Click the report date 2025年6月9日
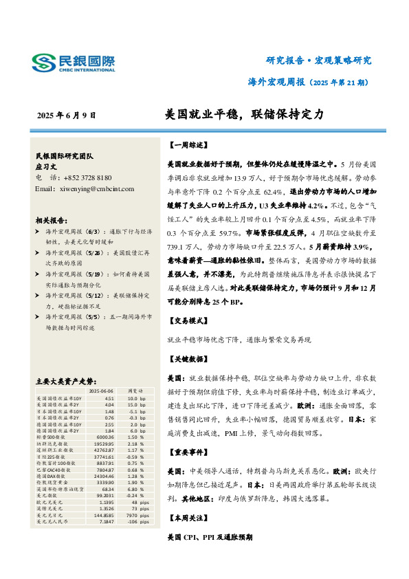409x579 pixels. coord(67,116)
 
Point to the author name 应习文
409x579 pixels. coord(48,166)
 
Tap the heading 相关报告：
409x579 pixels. coord(51,221)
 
